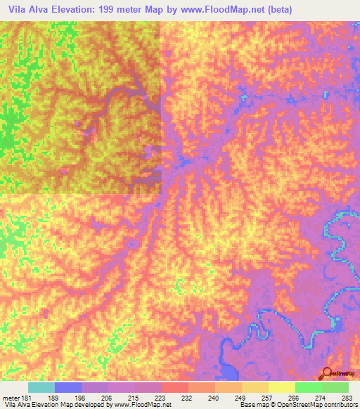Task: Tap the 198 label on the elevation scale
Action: [82, 397]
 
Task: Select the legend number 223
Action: [161, 397]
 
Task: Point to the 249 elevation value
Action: [241, 397]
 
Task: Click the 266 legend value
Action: [295, 397]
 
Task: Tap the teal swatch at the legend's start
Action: [41, 387]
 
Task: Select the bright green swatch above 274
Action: [308, 387]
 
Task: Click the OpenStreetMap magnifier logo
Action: [327, 373]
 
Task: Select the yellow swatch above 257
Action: [255, 387]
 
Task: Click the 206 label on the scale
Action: [108, 397]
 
